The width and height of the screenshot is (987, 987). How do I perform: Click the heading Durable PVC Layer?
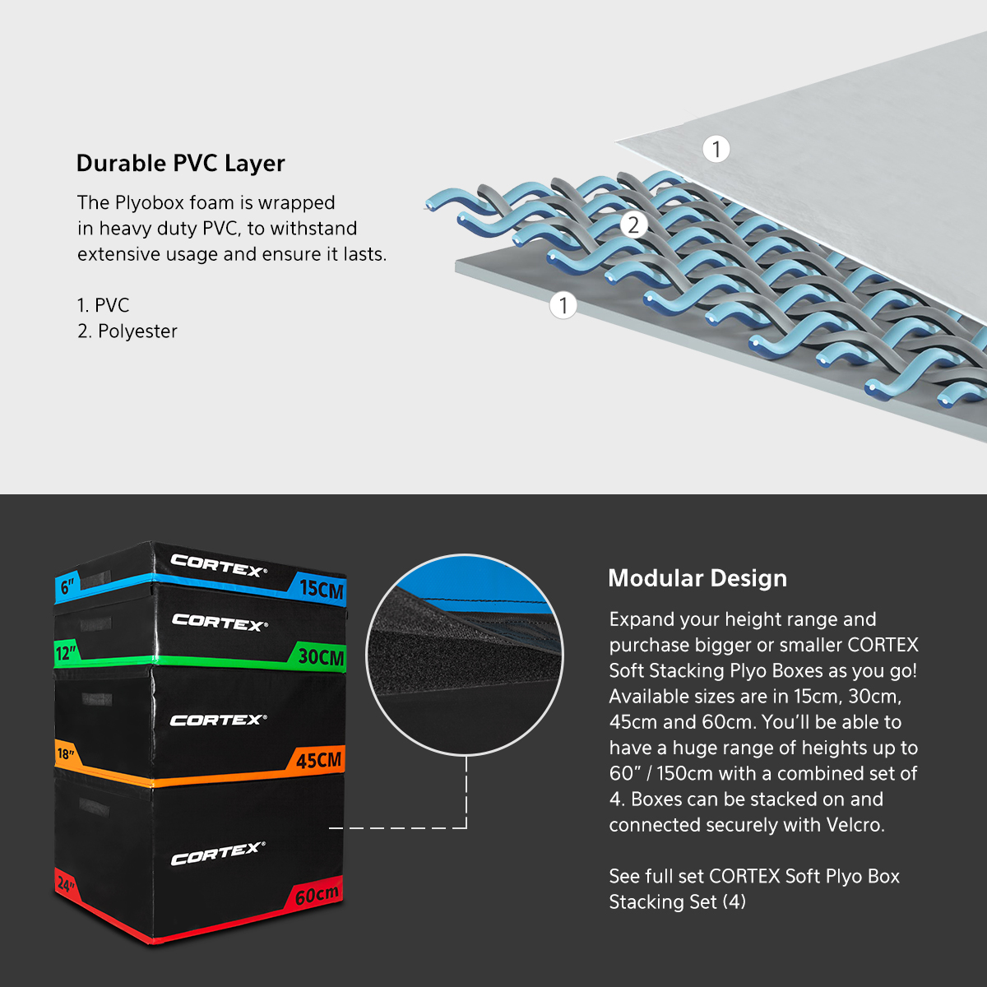tap(180, 164)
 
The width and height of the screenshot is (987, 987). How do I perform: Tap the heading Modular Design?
tap(697, 578)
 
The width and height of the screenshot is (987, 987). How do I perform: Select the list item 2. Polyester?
tap(127, 331)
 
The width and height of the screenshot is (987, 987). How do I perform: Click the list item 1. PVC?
tap(103, 305)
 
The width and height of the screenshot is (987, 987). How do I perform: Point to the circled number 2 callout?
tap(633, 225)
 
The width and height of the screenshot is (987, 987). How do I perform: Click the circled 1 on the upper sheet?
tap(716, 149)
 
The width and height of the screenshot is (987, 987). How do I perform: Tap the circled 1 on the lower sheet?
tap(563, 305)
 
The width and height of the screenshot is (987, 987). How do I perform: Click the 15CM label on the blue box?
tap(321, 589)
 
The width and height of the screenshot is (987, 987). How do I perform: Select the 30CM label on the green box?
tap(321, 656)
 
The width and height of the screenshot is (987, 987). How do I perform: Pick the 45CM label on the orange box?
tap(318, 760)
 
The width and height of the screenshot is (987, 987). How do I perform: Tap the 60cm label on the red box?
tap(317, 895)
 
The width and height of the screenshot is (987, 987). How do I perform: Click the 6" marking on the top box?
tap(67, 586)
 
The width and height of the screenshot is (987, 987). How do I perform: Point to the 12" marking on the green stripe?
tap(67, 653)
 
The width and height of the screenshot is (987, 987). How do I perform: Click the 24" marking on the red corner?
tap(66, 883)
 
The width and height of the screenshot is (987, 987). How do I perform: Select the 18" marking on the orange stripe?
tap(66, 753)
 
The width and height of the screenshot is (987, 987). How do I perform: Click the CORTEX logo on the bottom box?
tap(219, 853)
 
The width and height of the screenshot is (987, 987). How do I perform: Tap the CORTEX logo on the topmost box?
tap(219, 565)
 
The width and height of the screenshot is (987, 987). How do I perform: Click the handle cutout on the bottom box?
tap(95, 807)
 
